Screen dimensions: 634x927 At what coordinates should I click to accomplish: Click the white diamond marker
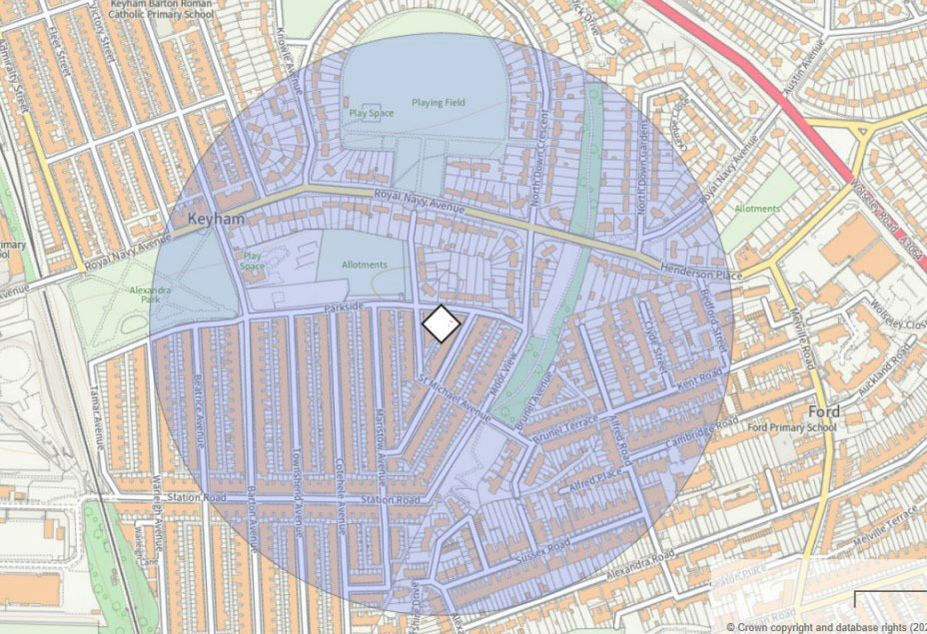pyautogui.click(x=441, y=323)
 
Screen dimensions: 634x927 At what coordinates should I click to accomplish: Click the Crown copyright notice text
pyautogui.click(x=825, y=626)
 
